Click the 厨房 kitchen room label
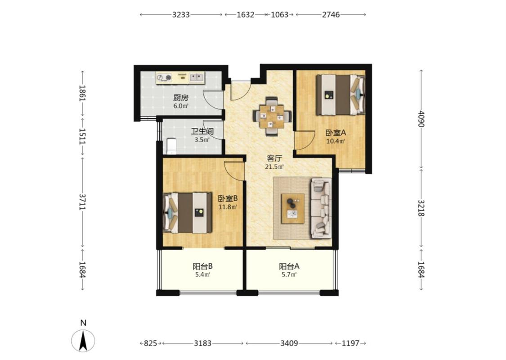[180, 98]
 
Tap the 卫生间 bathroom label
[202, 131]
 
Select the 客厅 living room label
[274, 158]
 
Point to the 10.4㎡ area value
[336, 141]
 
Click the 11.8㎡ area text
[228, 207]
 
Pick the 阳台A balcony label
[289, 266]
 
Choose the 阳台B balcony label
[203, 266]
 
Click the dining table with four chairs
[273, 116]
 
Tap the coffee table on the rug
[293, 208]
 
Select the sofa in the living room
[321, 208]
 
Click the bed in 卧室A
[340, 95]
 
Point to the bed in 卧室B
[188, 213]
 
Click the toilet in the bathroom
[171, 146]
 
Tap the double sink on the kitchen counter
[197, 77]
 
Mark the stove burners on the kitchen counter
[164, 77]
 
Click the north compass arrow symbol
[83, 341]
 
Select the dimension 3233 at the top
[181, 14]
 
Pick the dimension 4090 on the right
[421, 119]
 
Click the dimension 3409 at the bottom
[289, 343]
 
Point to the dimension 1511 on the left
[83, 136]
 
